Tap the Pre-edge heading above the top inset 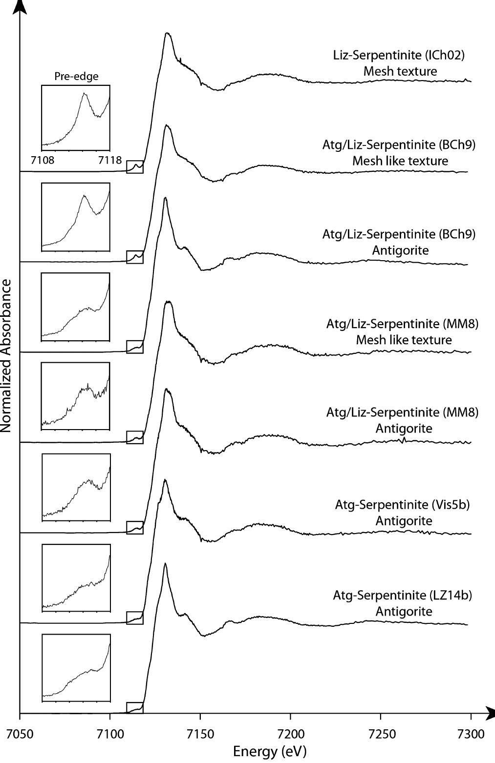point(76,77)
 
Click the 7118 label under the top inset point(109,160)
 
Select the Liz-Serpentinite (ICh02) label point(396,55)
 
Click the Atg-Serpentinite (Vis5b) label point(402,505)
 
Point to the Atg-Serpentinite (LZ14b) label point(403,596)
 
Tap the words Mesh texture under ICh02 point(400,71)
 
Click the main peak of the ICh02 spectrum point(167,33)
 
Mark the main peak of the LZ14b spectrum point(165,564)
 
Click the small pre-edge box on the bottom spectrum point(135,708)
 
